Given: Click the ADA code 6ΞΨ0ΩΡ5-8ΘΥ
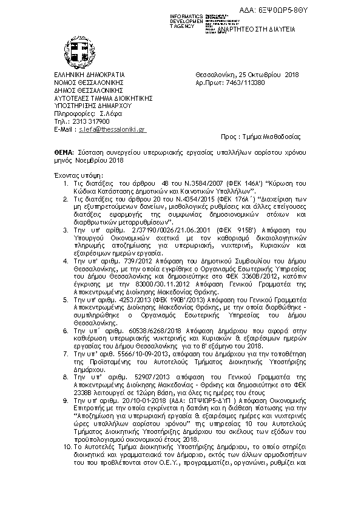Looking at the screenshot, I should coord(330,11).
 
